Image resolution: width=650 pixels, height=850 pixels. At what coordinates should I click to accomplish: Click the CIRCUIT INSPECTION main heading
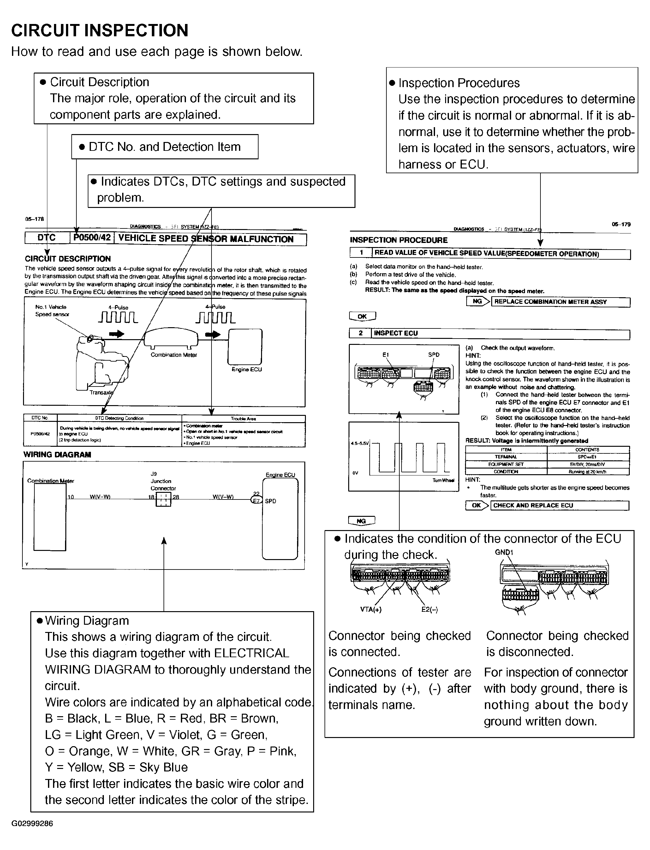coord(100,31)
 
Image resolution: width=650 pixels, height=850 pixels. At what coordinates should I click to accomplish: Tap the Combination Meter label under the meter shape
coord(174,355)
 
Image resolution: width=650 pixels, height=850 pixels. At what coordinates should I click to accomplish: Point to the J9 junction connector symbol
coord(163,500)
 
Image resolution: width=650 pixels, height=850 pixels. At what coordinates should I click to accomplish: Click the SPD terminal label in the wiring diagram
coord(271,501)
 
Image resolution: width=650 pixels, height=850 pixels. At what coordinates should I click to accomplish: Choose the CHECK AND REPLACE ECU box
coord(559,505)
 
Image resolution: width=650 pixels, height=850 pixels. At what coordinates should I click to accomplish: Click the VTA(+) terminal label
coord(371,610)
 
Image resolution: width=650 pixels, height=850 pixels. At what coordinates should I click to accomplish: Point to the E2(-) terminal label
coord(429,610)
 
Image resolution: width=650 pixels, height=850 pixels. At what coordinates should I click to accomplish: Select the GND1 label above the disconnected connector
coord(504,552)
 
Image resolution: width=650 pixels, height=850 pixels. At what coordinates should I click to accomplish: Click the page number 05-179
coord(621,224)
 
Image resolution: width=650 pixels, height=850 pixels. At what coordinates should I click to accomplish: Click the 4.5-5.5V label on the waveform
coord(360,443)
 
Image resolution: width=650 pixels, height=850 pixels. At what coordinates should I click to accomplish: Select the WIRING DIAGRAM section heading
coord(57,455)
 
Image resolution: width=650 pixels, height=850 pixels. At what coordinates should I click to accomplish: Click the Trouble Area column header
coord(243,418)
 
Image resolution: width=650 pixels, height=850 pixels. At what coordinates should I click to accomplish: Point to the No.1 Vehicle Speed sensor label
coord(52,310)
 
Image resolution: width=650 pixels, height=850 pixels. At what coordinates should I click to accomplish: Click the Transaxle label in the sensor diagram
coord(101,393)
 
